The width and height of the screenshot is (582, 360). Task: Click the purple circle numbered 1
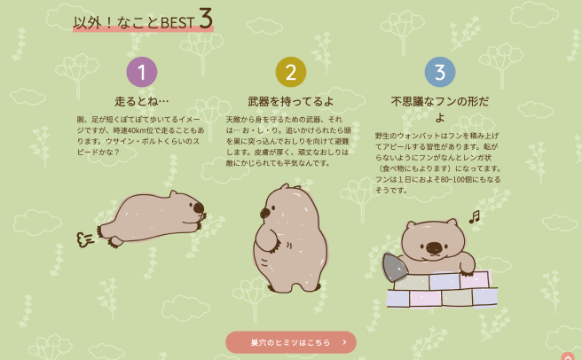(142, 72)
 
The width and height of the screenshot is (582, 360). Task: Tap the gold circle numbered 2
(290, 72)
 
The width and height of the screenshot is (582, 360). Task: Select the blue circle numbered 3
(440, 72)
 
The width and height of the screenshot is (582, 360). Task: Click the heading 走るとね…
(142, 101)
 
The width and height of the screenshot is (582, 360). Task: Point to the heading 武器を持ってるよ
(290, 101)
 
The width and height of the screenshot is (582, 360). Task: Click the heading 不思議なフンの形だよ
(440, 108)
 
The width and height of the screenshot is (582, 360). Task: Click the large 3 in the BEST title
(205, 20)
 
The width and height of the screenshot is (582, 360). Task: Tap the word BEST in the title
(178, 22)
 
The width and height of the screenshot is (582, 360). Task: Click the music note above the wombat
(474, 216)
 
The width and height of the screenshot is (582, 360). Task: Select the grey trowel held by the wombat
(394, 265)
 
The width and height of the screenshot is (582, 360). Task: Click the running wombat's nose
(198, 209)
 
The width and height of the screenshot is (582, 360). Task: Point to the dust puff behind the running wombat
(86, 237)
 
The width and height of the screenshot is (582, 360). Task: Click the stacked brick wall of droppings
(441, 289)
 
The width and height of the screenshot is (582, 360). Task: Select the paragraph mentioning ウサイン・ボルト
(142, 135)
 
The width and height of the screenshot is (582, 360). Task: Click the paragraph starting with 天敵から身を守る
(290, 140)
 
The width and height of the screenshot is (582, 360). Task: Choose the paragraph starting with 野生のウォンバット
(440, 162)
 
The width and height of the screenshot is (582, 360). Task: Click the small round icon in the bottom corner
(567, 356)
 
